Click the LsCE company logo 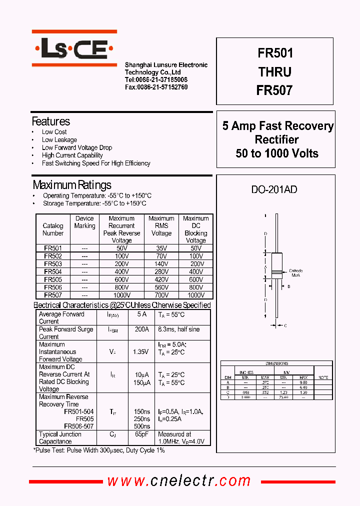[74, 48]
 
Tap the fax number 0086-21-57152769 [156, 87]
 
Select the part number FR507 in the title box [274, 90]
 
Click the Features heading [50, 121]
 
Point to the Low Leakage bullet [59, 140]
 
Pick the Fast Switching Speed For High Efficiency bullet [96, 163]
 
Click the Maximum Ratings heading [71, 185]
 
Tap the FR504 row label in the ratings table [53, 271]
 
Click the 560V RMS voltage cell [161, 287]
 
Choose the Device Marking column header [84, 222]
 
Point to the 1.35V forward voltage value [140, 352]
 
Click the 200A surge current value [141, 329]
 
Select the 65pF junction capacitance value [141, 434]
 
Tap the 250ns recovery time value [142, 419]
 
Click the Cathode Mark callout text [296, 273]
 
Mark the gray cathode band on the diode [276, 273]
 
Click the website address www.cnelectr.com [178, 481]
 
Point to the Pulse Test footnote [99, 450]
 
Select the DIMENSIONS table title [276, 363]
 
